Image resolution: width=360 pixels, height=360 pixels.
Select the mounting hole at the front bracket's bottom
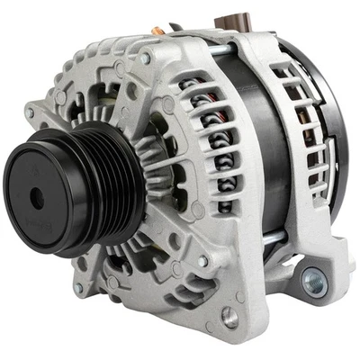(230, 316)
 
